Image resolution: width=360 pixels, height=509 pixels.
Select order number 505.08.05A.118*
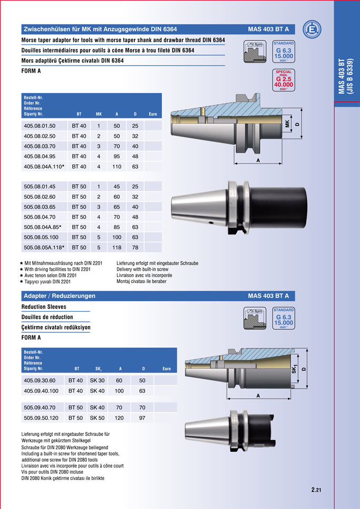(44, 247)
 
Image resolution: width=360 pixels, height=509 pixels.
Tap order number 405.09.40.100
(41, 391)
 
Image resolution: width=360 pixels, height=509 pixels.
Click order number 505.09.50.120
(41, 418)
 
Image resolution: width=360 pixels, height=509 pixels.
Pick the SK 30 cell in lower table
(97, 381)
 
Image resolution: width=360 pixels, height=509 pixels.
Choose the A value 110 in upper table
(116, 167)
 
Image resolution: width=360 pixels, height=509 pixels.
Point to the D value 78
(135, 247)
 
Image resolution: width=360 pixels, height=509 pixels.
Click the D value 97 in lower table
(142, 418)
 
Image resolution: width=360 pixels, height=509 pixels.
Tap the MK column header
(98, 114)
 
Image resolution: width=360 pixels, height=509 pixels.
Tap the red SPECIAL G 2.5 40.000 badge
(283, 80)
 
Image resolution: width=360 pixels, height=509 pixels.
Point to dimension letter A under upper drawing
(258, 160)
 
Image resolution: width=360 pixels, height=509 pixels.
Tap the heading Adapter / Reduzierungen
(59, 296)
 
